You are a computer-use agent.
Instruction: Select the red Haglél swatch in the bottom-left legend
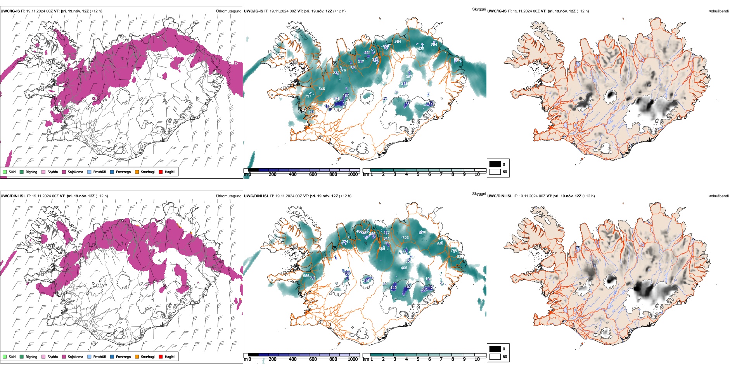coord(161,357)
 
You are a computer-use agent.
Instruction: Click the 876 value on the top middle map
coord(343,70)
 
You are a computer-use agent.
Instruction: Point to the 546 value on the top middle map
coord(322,89)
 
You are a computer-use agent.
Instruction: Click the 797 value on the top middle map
coord(308,96)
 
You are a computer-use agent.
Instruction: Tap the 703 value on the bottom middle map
coord(405,238)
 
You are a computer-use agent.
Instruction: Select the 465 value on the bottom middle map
coord(404,268)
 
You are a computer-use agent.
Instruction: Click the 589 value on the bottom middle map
coord(382,249)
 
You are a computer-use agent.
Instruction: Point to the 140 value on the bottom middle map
coord(394,288)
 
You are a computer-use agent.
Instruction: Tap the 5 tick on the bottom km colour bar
coord(418,359)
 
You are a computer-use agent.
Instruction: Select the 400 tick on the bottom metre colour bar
coord(292,359)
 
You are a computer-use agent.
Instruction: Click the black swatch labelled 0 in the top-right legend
coord(495,164)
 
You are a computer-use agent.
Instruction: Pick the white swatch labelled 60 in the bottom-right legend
coord(495,357)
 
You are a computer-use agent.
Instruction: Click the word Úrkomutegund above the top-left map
coord(228,11)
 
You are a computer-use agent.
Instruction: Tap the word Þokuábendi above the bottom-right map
coord(718,196)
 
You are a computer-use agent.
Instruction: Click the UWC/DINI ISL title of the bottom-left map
coord(13,196)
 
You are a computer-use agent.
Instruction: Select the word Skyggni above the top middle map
coord(479,9)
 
